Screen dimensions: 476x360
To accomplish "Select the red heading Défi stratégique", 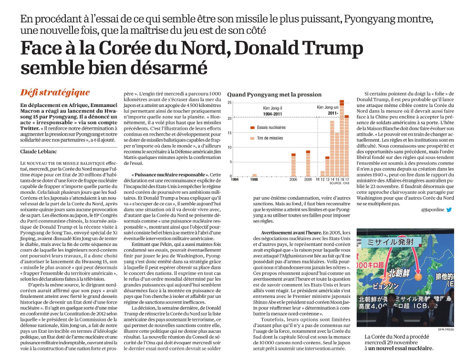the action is [x=55, y=92].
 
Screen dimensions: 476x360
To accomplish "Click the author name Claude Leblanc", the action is [x=39, y=152].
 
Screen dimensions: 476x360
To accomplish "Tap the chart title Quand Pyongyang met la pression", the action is [x=274, y=95].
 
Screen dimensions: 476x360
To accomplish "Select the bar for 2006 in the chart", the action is [x=293, y=165].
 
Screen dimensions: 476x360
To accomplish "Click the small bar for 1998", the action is [x=254, y=175].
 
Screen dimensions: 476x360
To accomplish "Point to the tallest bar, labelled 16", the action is [x=342, y=138].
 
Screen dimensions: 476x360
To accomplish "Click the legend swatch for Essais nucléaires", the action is [x=252, y=127].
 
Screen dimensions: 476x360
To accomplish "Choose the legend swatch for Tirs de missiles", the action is [x=252, y=138].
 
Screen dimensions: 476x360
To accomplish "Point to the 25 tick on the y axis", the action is [x=230, y=103].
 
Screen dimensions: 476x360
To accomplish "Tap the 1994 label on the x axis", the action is [x=235, y=180].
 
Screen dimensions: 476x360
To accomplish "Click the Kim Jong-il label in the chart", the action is [x=272, y=108].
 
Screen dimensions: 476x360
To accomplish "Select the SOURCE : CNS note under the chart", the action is [x=340, y=183].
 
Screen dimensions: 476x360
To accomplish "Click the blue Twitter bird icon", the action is [x=449, y=210].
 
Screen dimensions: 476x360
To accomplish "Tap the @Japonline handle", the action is [x=433, y=210].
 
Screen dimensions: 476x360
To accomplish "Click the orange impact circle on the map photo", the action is [x=418, y=277].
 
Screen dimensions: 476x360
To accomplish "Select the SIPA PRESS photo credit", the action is [x=446, y=329].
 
